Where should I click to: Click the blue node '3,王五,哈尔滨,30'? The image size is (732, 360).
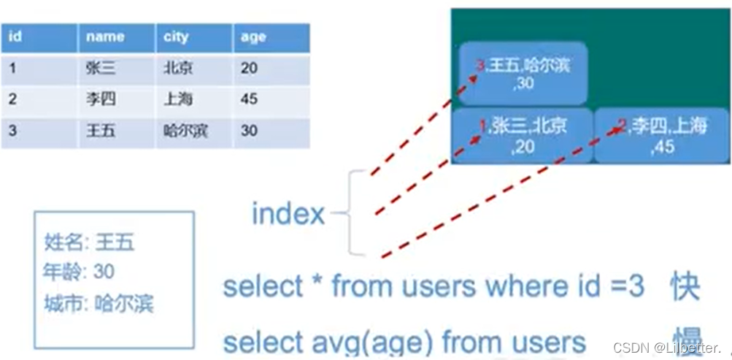pyautogui.click(x=523, y=74)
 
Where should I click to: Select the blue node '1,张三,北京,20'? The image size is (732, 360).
pyautogui.click(x=523, y=136)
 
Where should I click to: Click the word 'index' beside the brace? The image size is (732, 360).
pyautogui.click(x=288, y=214)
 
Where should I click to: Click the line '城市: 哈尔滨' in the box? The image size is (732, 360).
pyautogui.click(x=99, y=303)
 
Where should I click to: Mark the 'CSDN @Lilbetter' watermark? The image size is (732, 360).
pyautogui.click(x=666, y=348)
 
